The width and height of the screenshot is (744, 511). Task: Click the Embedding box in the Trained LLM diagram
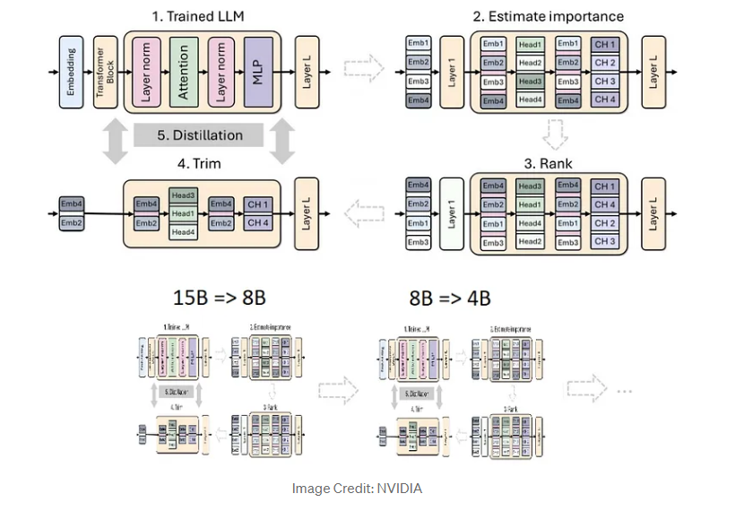coord(73,71)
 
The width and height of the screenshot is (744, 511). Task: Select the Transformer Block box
coord(105,71)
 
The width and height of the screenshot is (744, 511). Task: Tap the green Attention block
coord(183,71)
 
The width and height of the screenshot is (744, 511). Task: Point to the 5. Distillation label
coord(200,135)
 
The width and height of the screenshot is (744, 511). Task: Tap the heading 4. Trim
coord(199,165)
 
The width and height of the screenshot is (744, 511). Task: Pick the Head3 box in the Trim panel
coord(183,195)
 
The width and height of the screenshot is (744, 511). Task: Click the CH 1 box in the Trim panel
coord(256,204)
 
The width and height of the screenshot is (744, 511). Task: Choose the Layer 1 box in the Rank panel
coord(452,213)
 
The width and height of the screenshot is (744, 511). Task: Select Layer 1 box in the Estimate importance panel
coord(452,71)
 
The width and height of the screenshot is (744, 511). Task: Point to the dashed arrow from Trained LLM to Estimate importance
coord(364,69)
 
